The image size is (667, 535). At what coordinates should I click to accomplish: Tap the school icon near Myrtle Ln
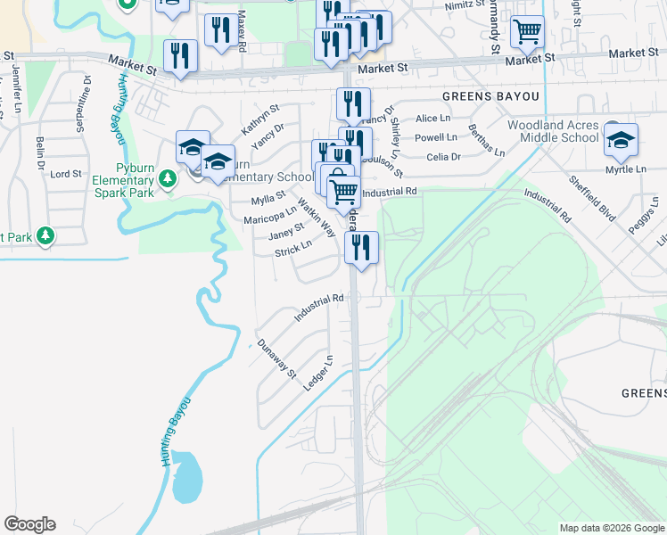click(x=621, y=140)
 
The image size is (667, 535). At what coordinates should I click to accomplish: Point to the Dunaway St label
click(x=276, y=358)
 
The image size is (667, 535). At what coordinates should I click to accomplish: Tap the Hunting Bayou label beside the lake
click(x=175, y=430)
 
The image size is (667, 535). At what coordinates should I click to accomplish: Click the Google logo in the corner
click(x=29, y=524)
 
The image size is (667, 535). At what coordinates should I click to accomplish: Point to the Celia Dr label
click(x=443, y=157)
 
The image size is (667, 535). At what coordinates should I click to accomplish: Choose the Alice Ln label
click(x=432, y=118)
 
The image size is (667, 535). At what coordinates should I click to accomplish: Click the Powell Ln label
click(x=436, y=137)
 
